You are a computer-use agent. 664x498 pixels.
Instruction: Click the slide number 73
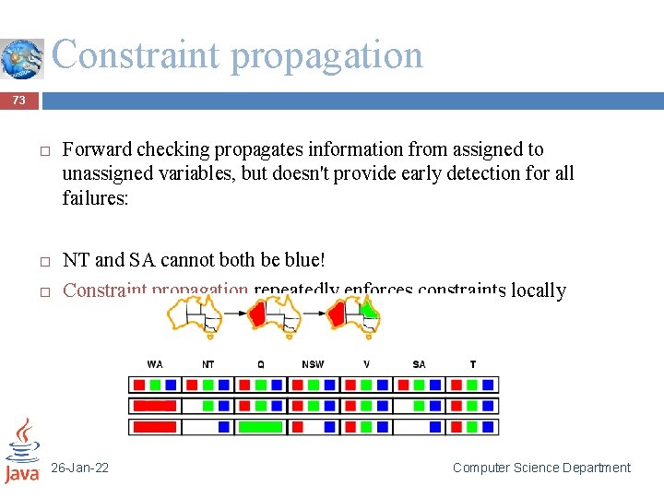pyautogui.click(x=18, y=101)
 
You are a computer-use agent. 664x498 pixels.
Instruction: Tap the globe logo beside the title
pyautogui.click(x=22, y=58)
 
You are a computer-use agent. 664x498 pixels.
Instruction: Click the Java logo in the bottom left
pyautogui.click(x=22, y=451)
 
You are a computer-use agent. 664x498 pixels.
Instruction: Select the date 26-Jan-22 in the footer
pyautogui.click(x=80, y=468)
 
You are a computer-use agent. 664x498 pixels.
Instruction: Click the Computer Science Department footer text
pyautogui.click(x=541, y=468)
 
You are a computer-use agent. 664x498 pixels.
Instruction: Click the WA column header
pyautogui.click(x=154, y=364)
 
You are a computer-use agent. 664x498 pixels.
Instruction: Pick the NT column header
pyautogui.click(x=207, y=364)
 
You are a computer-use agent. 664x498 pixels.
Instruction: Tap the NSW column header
pyautogui.click(x=313, y=364)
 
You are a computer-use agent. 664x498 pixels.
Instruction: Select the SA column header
pyautogui.click(x=419, y=364)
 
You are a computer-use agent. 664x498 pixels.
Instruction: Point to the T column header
pyautogui.click(x=472, y=364)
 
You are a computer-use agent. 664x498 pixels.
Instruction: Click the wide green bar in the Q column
pyautogui.click(x=260, y=427)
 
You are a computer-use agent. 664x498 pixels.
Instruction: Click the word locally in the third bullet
pyautogui.click(x=538, y=290)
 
